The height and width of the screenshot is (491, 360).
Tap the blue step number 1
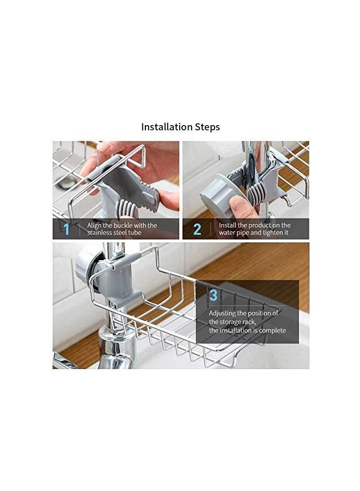pyautogui.click(x=66, y=229)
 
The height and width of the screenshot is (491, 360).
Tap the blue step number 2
pyautogui.click(x=197, y=229)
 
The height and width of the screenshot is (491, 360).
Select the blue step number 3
pyautogui.click(x=213, y=295)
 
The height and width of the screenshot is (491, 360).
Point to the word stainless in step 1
pyautogui.click(x=100, y=232)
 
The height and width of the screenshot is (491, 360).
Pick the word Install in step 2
pyautogui.click(x=228, y=225)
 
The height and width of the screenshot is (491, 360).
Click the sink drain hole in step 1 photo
pyautogui.click(x=66, y=183)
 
